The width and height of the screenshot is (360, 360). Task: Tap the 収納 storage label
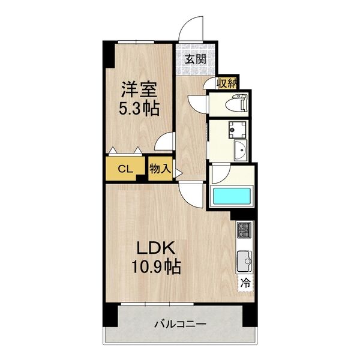coord(227,83)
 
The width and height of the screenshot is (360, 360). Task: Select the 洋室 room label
coord(139,91)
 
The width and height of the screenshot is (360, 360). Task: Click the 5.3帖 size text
coord(139,109)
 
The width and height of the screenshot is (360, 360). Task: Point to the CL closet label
coord(125,169)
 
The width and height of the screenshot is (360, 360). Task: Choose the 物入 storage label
coord(159,169)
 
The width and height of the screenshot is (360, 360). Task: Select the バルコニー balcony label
coord(180,325)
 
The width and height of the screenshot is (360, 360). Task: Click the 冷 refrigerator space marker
coord(246,282)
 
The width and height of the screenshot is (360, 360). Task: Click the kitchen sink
coord(245,261)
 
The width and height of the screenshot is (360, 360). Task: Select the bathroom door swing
coord(220,175)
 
